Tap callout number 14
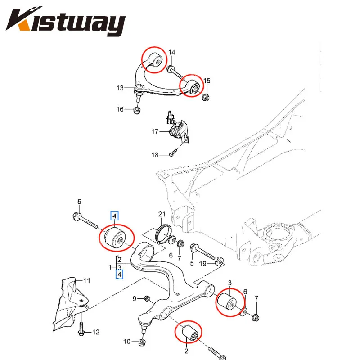pos(172,53)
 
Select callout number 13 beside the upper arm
pos(119,88)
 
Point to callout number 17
pos(155,132)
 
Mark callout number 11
pos(86,281)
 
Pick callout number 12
pos(95,332)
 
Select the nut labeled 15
pos(204,98)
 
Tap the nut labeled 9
pos(147,298)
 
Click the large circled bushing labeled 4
pos(115,239)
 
